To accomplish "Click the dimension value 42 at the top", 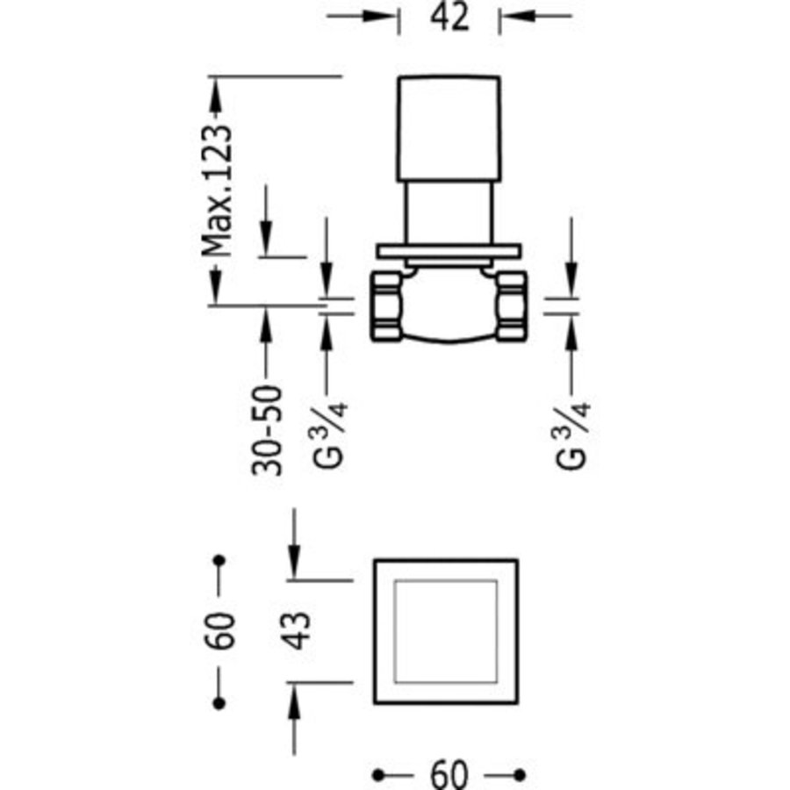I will [x=449, y=18].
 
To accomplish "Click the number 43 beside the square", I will [x=299, y=629].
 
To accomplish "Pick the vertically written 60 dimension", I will [x=221, y=629].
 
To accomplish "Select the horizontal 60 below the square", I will [x=449, y=774].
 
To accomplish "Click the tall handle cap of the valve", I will [x=449, y=129].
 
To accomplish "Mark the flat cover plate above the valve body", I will [x=449, y=251].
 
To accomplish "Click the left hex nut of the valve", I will [x=385, y=305].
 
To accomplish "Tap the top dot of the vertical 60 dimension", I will [x=219, y=560].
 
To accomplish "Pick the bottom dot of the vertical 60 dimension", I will [x=219, y=703].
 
